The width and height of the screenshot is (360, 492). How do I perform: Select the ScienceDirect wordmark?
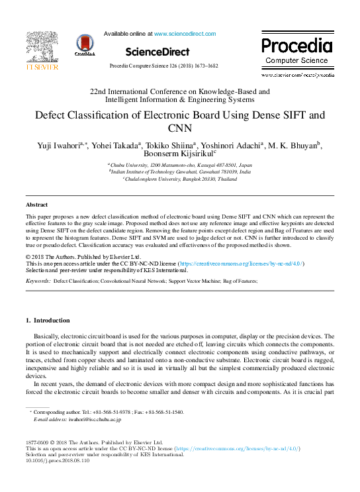(x=157, y=52)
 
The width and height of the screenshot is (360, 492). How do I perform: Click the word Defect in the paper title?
(x=54, y=115)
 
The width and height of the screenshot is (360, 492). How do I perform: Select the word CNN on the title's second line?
(x=179, y=128)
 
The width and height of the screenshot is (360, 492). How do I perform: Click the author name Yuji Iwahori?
(x=54, y=144)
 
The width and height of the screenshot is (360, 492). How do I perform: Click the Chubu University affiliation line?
(x=179, y=164)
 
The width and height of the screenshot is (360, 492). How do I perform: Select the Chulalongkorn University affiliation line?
(x=179, y=178)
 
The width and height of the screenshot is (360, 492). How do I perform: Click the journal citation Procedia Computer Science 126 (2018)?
(x=179, y=67)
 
